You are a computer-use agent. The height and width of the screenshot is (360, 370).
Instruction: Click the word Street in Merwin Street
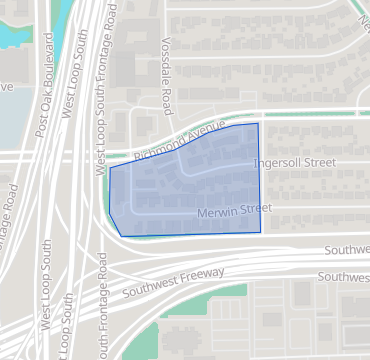pos(256,208)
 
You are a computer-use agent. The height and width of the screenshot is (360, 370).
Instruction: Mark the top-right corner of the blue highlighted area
pos(259,123)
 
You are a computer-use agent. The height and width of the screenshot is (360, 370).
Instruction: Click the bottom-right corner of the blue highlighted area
pos(261,232)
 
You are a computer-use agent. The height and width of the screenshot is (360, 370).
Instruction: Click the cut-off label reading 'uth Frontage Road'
pos(104,314)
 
